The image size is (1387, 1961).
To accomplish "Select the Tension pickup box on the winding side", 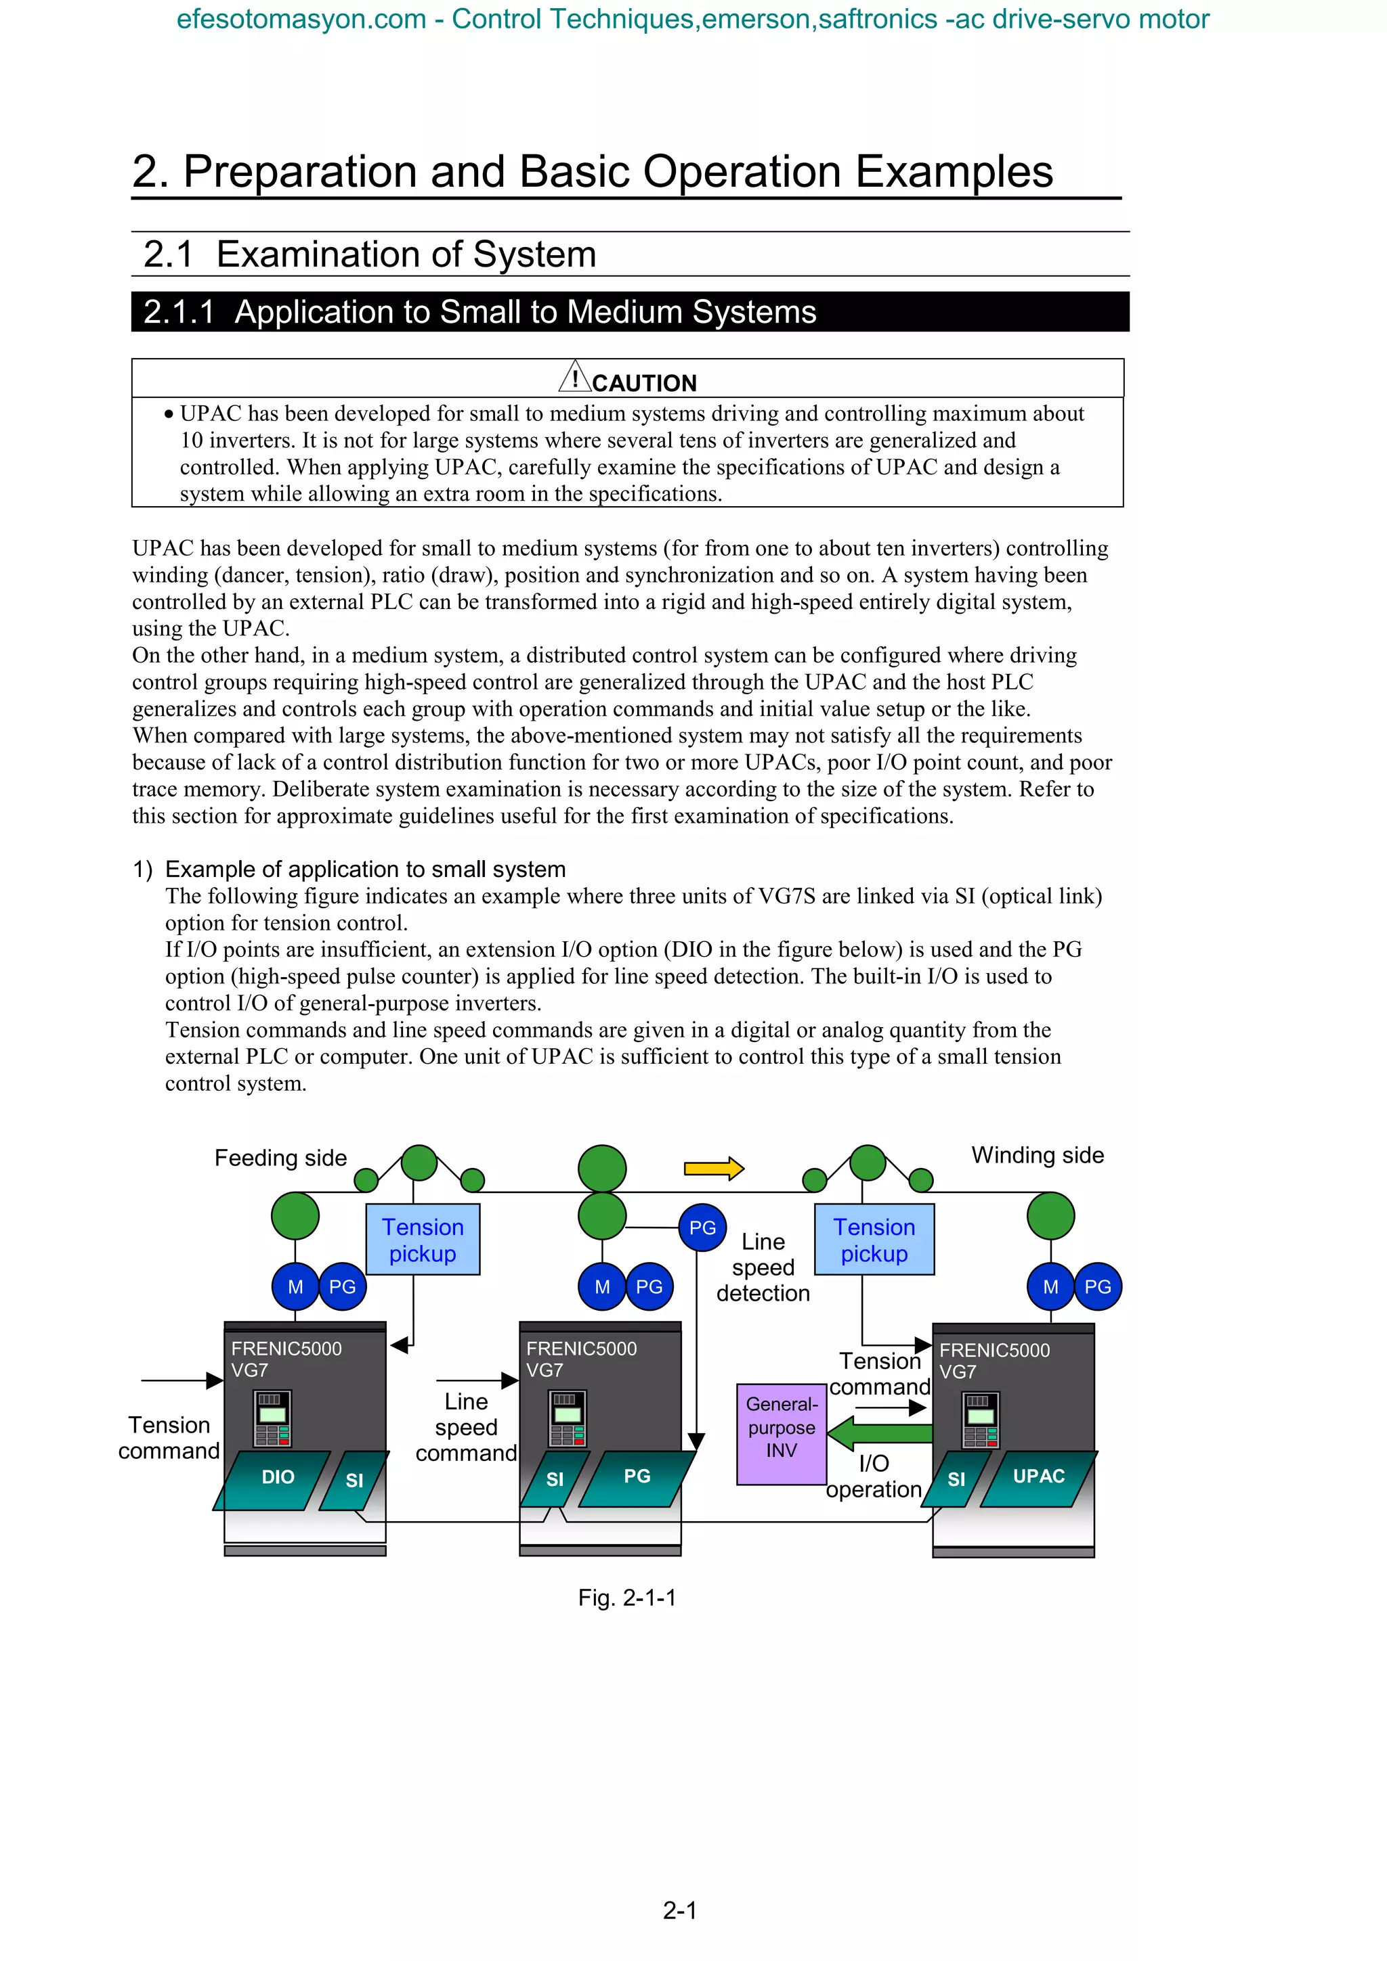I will (874, 1239).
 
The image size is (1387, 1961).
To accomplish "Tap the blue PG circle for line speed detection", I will (702, 1227).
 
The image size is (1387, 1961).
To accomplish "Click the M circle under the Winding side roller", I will (1050, 1286).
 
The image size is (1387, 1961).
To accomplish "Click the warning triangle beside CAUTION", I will (574, 378).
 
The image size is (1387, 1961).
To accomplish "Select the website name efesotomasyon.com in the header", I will (301, 19).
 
